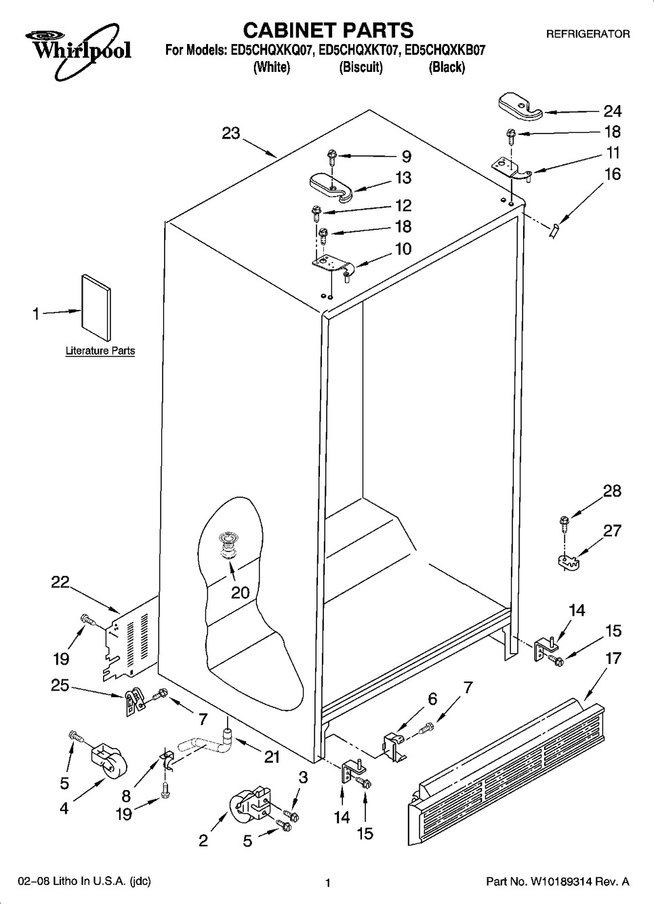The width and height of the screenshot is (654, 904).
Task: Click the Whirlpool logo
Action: click(78, 50)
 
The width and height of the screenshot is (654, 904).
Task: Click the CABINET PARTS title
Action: click(328, 31)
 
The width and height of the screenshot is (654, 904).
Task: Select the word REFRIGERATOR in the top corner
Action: click(588, 35)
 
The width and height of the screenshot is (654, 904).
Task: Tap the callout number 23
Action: click(231, 133)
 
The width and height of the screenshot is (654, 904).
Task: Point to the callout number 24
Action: click(612, 111)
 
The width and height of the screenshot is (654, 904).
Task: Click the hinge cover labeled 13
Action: click(331, 188)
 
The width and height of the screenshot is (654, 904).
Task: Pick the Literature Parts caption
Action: click(100, 351)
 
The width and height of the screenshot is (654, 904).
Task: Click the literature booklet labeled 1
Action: click(96, 308)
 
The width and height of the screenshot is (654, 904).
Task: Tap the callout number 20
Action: click(241, 593)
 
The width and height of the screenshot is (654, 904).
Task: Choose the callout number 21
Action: click(272, 757)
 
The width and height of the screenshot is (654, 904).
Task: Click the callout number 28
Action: click(612, 491)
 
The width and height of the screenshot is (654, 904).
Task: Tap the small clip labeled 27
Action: click(569, 562)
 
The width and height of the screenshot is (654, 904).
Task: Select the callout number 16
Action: click(613, 174)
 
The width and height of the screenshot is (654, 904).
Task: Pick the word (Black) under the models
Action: click(447, 66)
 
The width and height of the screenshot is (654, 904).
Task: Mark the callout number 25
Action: click(60, 685)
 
